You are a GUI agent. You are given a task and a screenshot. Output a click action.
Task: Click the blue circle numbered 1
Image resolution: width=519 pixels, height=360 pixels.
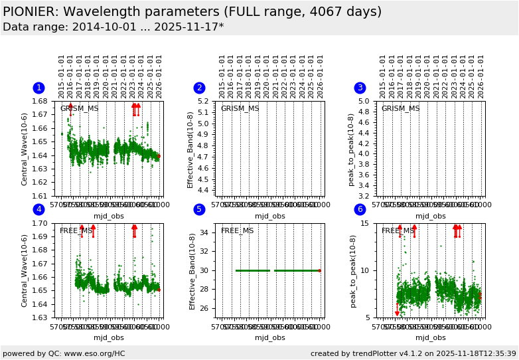38,88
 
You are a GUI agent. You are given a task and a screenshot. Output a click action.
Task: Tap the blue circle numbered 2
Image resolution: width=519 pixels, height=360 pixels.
199,88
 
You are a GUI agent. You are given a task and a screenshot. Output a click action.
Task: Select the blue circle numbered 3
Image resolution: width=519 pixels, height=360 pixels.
360,88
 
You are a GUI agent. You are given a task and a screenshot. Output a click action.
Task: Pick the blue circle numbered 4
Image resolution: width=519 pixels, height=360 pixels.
38,210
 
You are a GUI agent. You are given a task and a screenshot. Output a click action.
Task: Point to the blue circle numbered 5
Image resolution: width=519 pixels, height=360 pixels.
199,210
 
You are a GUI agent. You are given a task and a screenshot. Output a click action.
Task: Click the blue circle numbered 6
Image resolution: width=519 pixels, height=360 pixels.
360,210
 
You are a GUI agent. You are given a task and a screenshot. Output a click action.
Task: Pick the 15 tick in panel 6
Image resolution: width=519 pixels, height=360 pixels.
367,224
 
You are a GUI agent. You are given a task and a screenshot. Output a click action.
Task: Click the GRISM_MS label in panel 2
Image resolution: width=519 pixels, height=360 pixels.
240,109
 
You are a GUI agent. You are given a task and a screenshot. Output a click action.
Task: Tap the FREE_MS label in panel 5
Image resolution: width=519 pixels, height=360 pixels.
237,231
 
